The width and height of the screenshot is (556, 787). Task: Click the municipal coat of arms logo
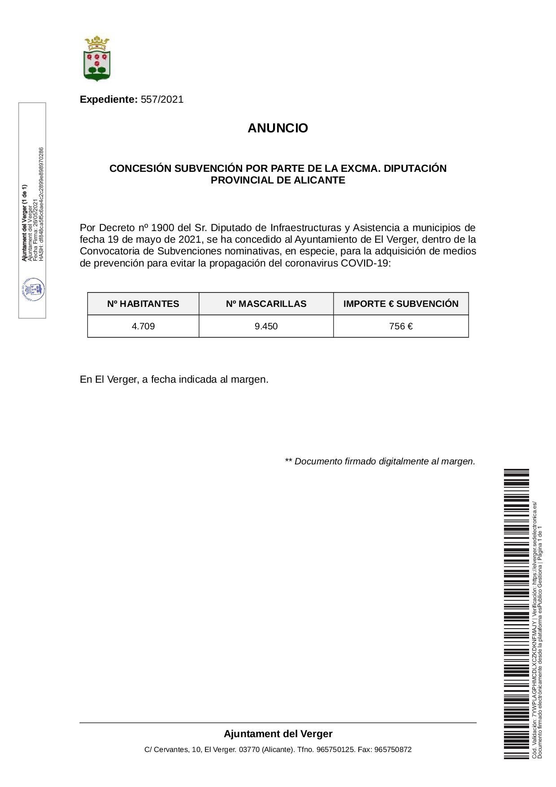[97, 59]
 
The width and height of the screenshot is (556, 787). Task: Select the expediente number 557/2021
[162, 100]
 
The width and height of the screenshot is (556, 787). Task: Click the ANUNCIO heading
[278, 128]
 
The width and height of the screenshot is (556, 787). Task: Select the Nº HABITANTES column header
[143, 304]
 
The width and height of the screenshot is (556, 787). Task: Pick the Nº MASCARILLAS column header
[266, 304]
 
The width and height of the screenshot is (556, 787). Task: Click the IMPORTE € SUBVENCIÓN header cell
[401, 304]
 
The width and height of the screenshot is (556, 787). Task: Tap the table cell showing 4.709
[143, 326]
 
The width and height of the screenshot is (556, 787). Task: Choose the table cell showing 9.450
[266, 326]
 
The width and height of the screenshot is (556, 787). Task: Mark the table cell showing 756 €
[401, 326]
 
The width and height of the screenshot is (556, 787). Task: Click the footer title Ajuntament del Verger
[278, 734]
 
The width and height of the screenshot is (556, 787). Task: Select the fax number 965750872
[393, 750]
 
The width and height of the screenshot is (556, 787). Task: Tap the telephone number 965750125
[335, 750]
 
